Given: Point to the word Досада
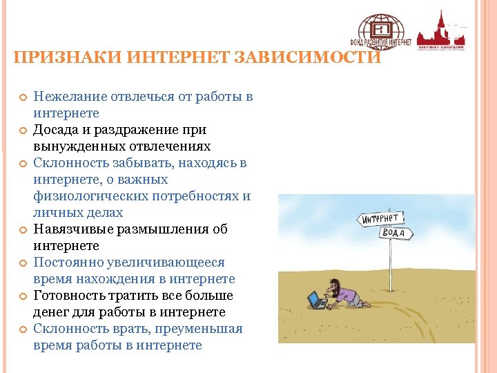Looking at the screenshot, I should [x=56, y=130].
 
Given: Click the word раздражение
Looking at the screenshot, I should [x=146, y=130].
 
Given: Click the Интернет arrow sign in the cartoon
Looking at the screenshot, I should [x=380, y=219].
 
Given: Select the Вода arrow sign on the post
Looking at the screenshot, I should [x=396, y=233].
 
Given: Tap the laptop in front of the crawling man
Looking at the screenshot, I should [x=316, y=300].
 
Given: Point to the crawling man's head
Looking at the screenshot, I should [x=333, y=284].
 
